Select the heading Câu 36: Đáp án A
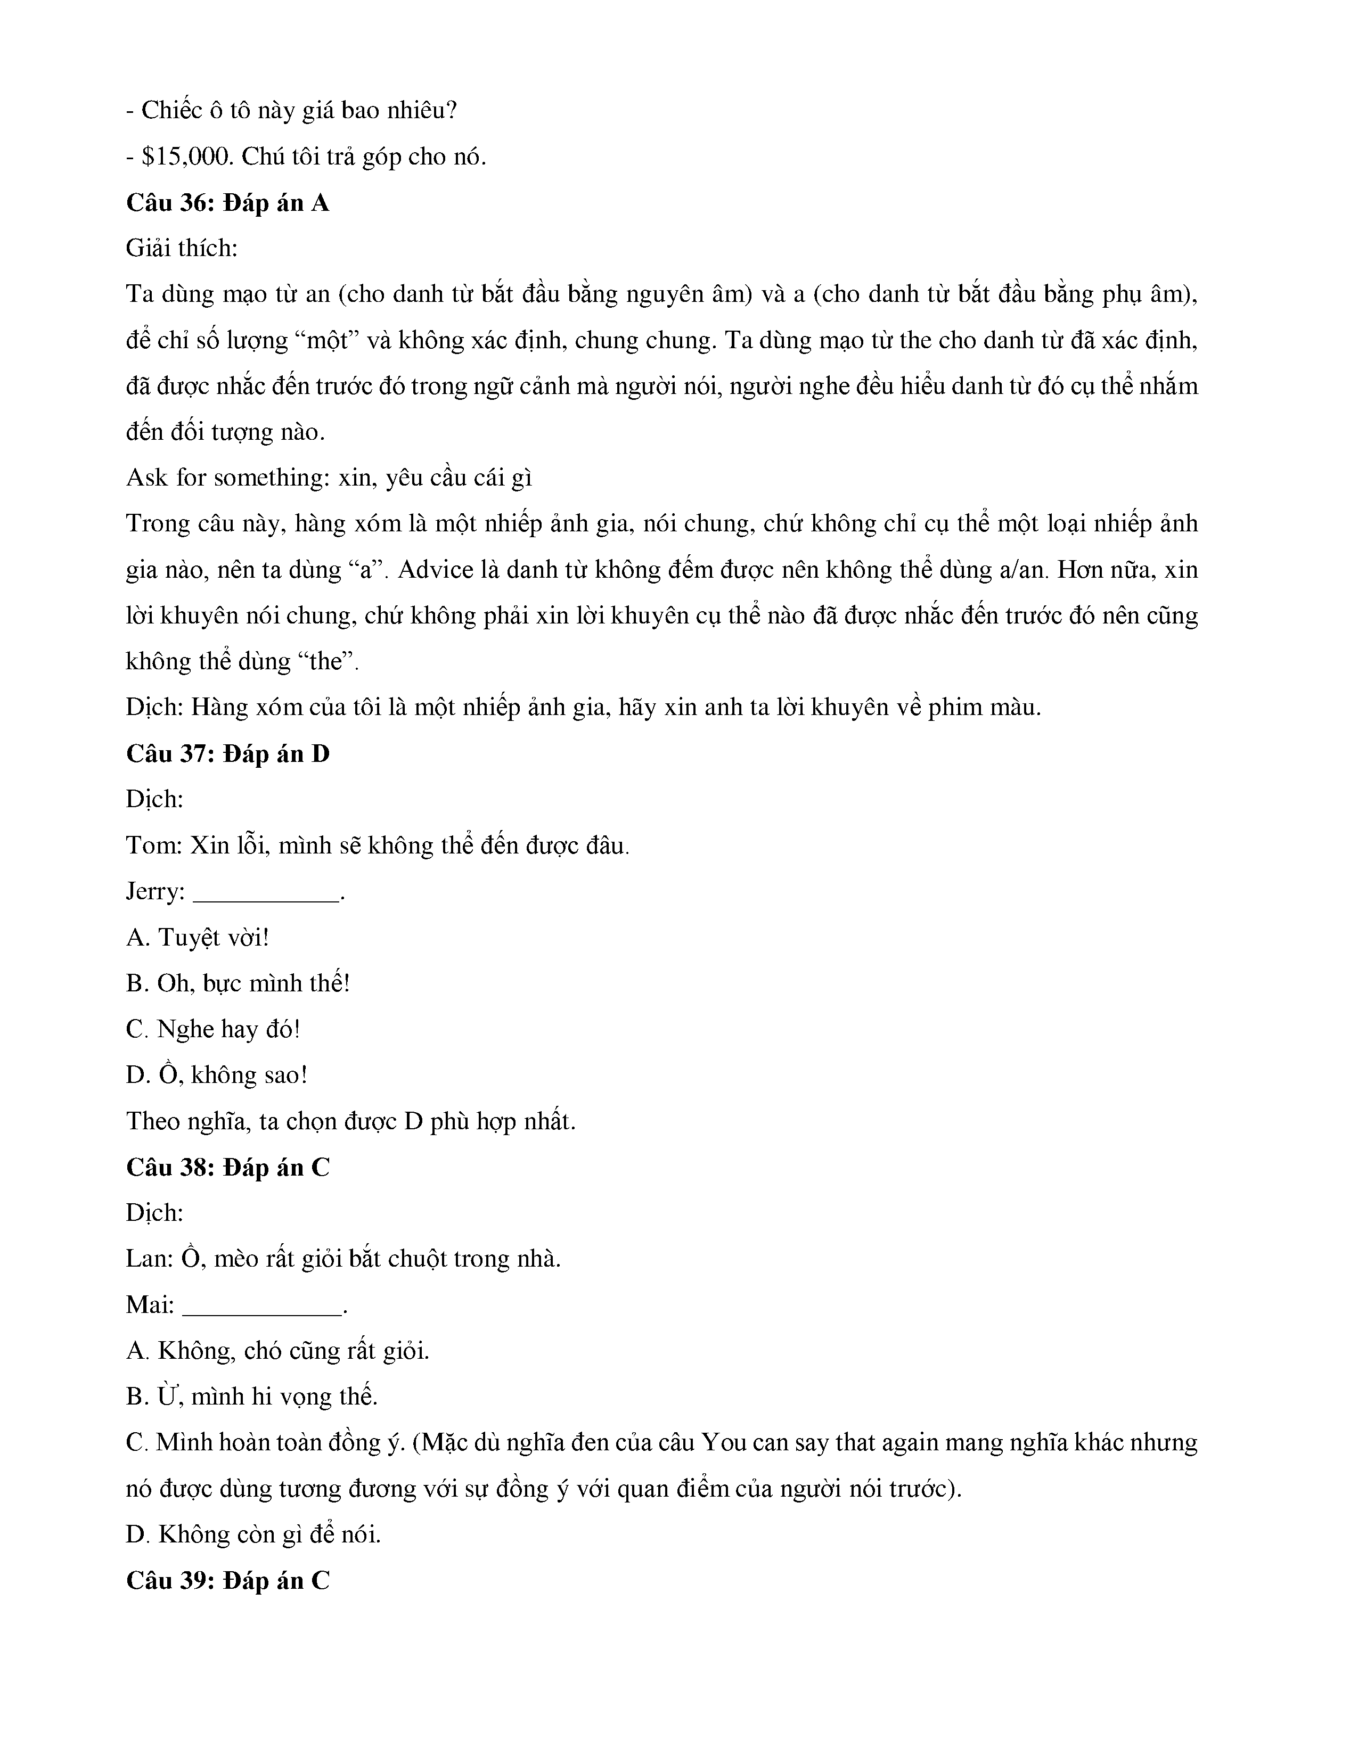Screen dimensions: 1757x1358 [228, 203]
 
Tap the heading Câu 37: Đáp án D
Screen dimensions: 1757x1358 [228, 754]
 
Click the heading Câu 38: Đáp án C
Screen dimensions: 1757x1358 [228, 1167]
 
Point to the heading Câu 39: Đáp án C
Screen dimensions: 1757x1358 [228, 1581]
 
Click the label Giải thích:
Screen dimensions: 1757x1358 [182, 249]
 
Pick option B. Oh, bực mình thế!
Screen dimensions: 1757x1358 [238, 983]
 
